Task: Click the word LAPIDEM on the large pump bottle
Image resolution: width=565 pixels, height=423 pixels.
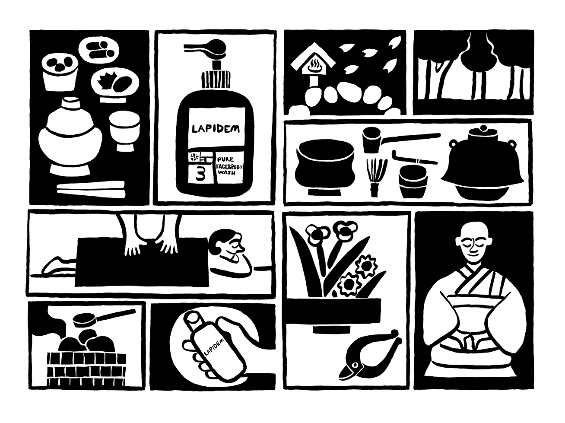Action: pos(216,129)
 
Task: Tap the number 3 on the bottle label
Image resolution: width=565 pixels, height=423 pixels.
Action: pos(200,174)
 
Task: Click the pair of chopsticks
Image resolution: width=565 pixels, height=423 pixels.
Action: pos(91,190)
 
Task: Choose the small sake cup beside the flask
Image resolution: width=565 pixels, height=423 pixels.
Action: pos(124,131)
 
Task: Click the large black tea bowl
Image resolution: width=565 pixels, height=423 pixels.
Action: pos(325,167)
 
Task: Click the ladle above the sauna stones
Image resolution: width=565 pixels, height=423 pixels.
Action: pos(104,319)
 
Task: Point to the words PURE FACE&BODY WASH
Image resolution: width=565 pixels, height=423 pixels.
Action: pos(230,167)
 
